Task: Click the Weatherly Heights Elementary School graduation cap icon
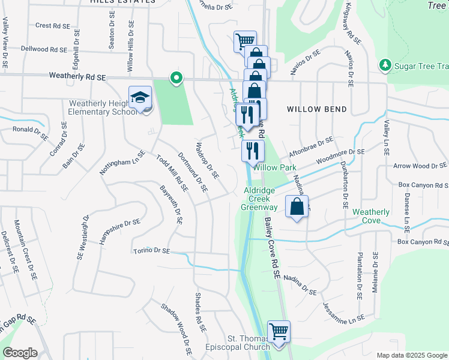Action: coord(140,97)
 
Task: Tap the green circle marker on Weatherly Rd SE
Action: coord(176,77)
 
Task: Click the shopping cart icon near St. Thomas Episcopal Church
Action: coord(279,331)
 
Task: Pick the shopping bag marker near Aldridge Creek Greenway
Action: coord(297,207)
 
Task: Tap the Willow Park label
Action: coord(270,167)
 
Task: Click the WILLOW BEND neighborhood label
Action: coord(317,109)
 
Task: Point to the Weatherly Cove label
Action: coord(370,216)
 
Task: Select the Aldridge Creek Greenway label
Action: coord(259,199)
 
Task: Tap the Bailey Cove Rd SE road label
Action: coord(272,248)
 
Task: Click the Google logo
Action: coord(20,353)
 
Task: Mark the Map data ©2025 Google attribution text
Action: coord(411,355)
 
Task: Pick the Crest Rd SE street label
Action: coord(53,26)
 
